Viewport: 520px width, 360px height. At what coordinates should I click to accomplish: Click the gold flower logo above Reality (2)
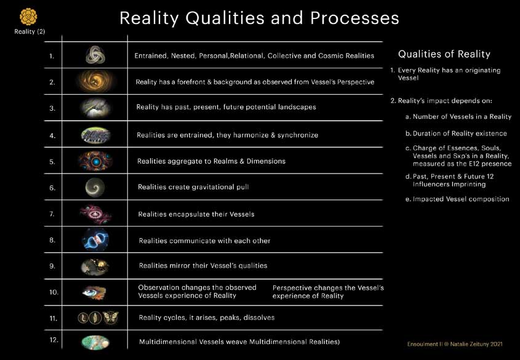[x=28, y=17]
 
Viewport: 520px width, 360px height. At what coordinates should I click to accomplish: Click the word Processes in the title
[x=354, y=18]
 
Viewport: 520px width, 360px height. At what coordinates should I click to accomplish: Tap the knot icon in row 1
[x=95, y=55]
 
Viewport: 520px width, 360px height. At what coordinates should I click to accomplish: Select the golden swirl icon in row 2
[x=95, y=81]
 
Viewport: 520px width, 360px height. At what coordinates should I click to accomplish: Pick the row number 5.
[x=52, y=162]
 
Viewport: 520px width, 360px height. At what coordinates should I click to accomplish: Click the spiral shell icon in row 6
[x=95, y=187]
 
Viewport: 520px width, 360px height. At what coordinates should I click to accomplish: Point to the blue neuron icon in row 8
[x=95, y=239]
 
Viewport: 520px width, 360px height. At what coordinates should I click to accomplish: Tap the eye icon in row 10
[x=94, y=292]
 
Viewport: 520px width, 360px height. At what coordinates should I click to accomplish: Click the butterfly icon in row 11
[x=110, y=318]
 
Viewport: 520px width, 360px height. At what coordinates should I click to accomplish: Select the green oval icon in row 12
[x=95, y=342]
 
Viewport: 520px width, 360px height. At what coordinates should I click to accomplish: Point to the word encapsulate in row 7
[x=188, y=214]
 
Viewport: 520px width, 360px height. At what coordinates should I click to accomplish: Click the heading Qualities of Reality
[x=444, y=54]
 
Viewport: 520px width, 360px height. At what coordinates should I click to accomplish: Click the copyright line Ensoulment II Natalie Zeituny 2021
[x=455, y=344]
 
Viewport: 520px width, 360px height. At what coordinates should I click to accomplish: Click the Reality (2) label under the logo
[x=30, y=31]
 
